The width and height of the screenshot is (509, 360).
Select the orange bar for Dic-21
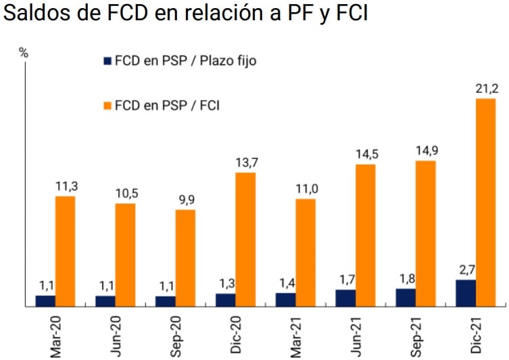(485, 203)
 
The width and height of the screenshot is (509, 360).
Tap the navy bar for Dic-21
(465, 293)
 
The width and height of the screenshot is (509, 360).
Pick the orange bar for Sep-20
(185, 258)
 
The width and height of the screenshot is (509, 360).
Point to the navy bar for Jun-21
(345, 298)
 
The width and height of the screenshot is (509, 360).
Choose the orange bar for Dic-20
(245, 240)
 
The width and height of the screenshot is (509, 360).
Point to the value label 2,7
(465, 269)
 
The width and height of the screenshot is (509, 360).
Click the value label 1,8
(405, 278)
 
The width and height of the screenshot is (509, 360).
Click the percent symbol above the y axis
(24, 54)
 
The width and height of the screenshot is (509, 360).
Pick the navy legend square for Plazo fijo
(107, 61)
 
